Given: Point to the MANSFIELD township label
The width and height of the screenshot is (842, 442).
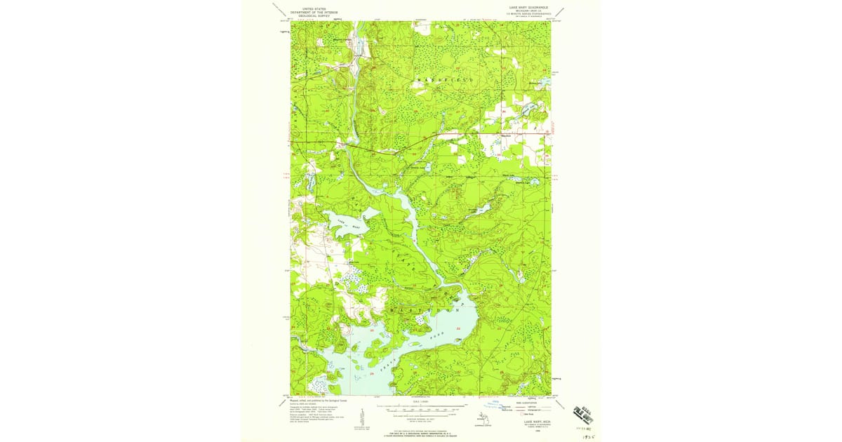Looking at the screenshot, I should pos(445,81).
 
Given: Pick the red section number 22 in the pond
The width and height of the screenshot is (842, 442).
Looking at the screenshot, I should pos(458,328).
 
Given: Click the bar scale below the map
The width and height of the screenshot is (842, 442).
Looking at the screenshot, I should pos(421,406).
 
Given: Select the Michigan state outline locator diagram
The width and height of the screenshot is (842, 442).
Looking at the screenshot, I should pos(484,417).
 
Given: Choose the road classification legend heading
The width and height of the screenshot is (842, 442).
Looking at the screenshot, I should pos(531,403).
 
